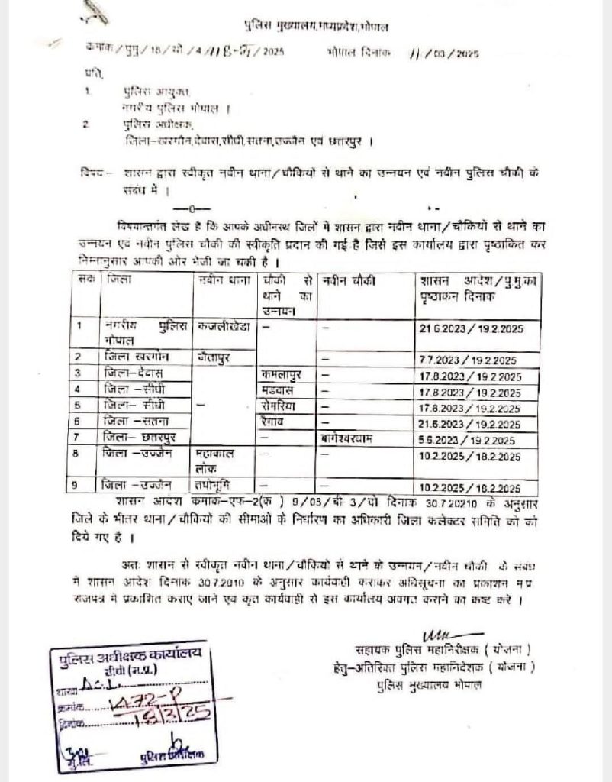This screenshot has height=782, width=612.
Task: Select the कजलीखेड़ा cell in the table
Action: pyautogui.click(x=223, y=325)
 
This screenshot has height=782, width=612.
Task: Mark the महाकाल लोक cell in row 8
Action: pyautogui.click(x=217, y=460)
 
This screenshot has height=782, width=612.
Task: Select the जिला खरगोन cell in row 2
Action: pyautogui.click(x=137, y=357)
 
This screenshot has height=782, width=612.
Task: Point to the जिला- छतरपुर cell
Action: pyautogui.click(x=138, y=437)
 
